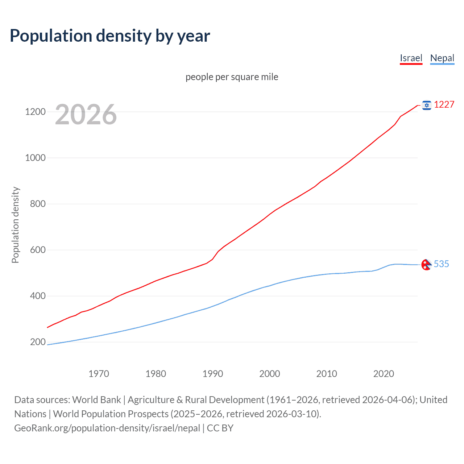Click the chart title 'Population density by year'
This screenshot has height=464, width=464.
point(110,36)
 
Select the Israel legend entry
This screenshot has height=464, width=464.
point(411,58)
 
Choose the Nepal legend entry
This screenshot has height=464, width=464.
point(442,58)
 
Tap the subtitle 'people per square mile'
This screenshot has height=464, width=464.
point(232,77)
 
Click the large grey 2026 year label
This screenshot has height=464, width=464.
point(86,115)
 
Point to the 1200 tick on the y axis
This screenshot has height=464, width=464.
point(35,112)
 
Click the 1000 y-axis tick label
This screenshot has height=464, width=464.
point(35,158)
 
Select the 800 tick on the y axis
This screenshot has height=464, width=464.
point(38,204)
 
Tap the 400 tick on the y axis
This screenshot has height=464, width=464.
point(38,296)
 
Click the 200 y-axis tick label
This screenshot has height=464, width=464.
point(38,342)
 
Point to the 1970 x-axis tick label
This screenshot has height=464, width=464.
point(99,374)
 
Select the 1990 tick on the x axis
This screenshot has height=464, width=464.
point(213,374)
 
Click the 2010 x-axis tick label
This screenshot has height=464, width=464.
point(327,374)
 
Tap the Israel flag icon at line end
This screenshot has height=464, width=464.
point(427,105)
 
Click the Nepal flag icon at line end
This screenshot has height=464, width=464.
point(426,265)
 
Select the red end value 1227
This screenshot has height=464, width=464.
point(444,105)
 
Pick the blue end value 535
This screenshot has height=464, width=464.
point(441,264)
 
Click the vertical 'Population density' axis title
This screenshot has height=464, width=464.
point(15,225)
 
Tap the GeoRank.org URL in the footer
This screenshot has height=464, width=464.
point(107,428)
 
